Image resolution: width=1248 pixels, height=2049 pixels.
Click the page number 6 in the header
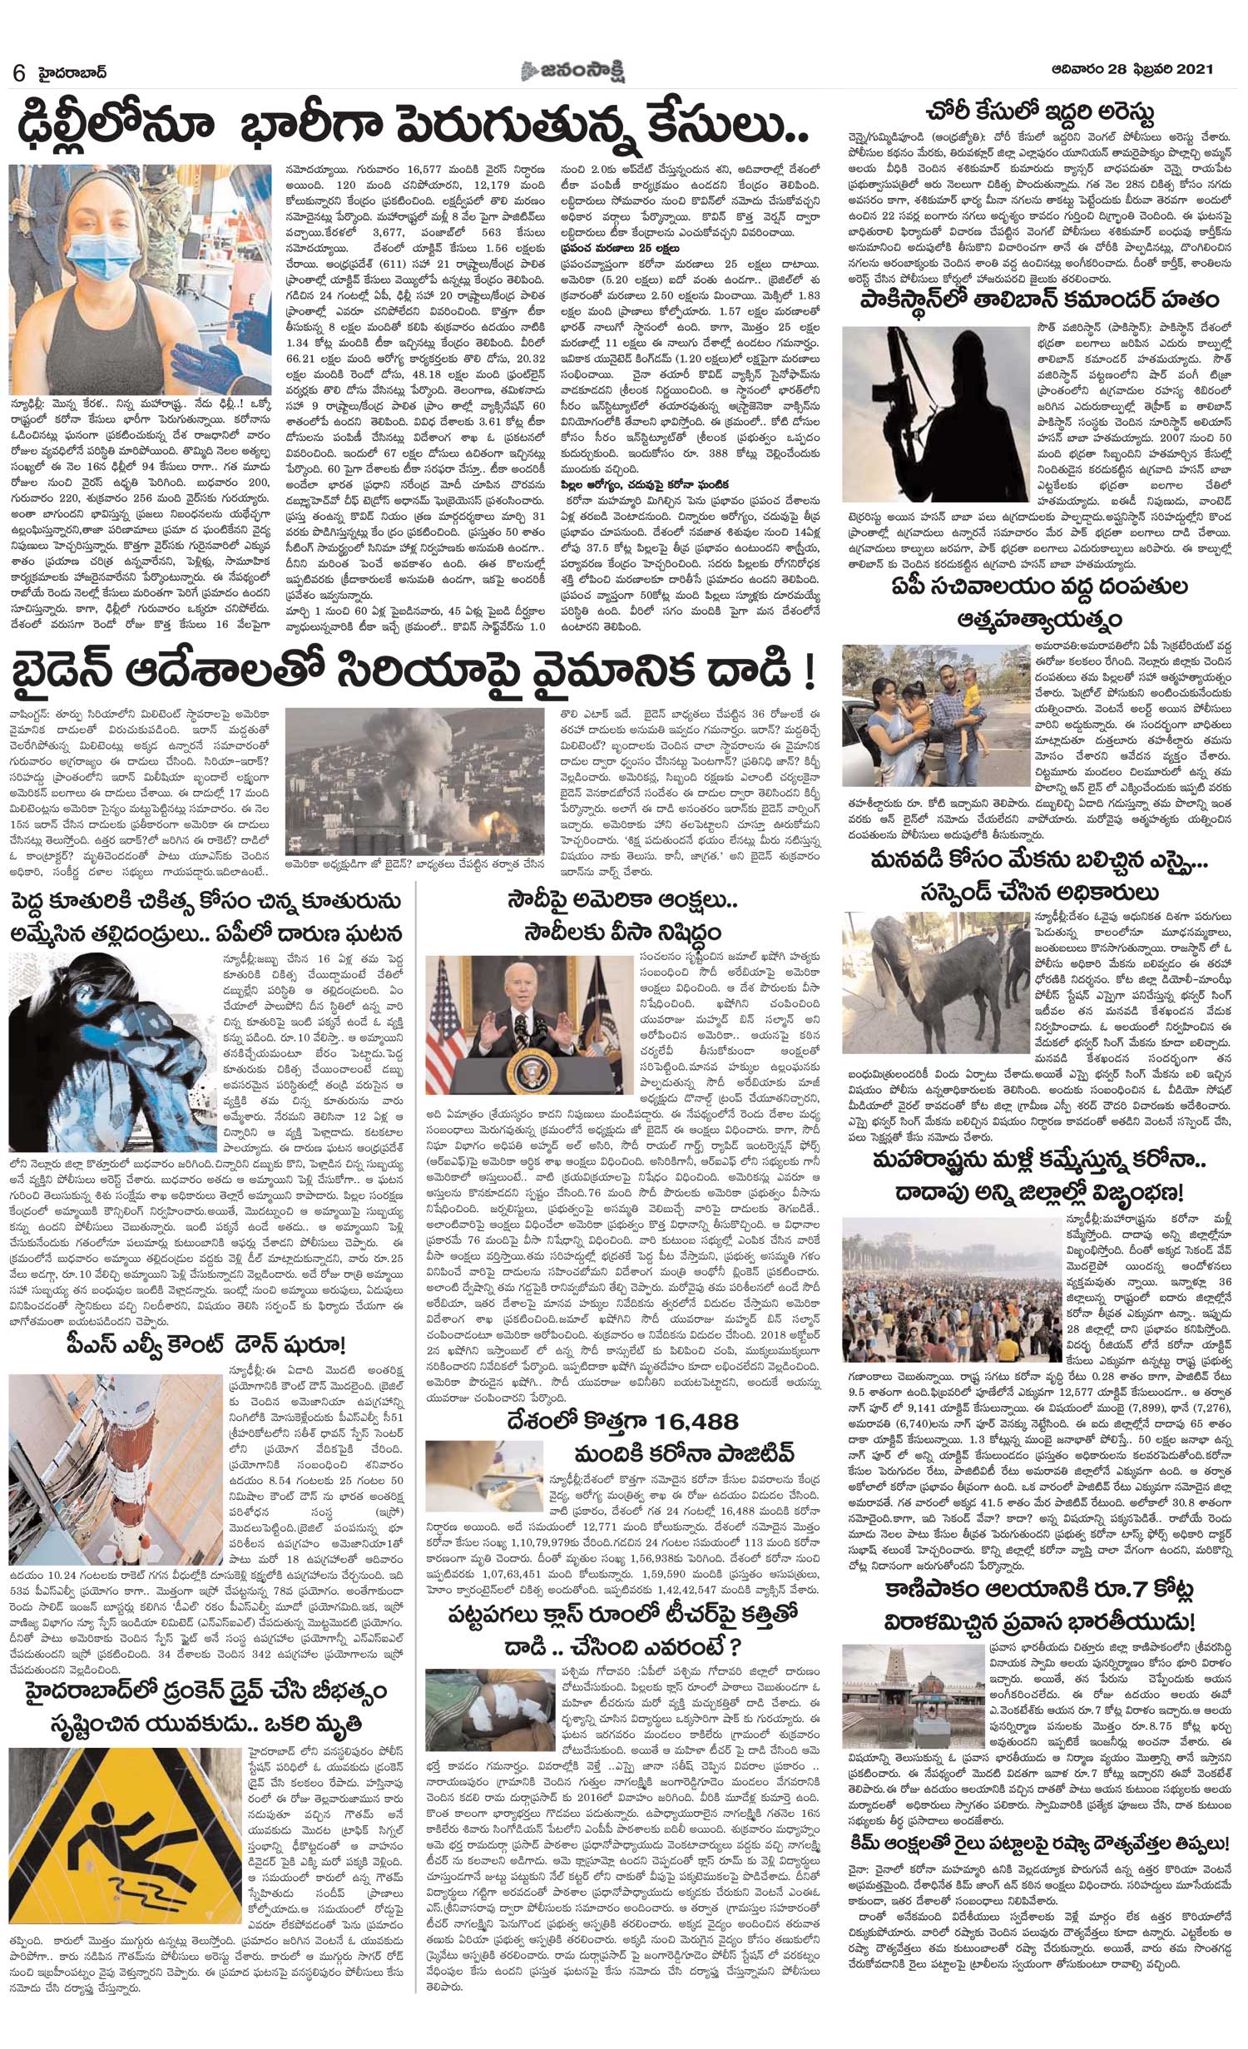[17, 72]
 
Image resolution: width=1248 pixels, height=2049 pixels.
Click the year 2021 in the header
[1195, 70]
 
